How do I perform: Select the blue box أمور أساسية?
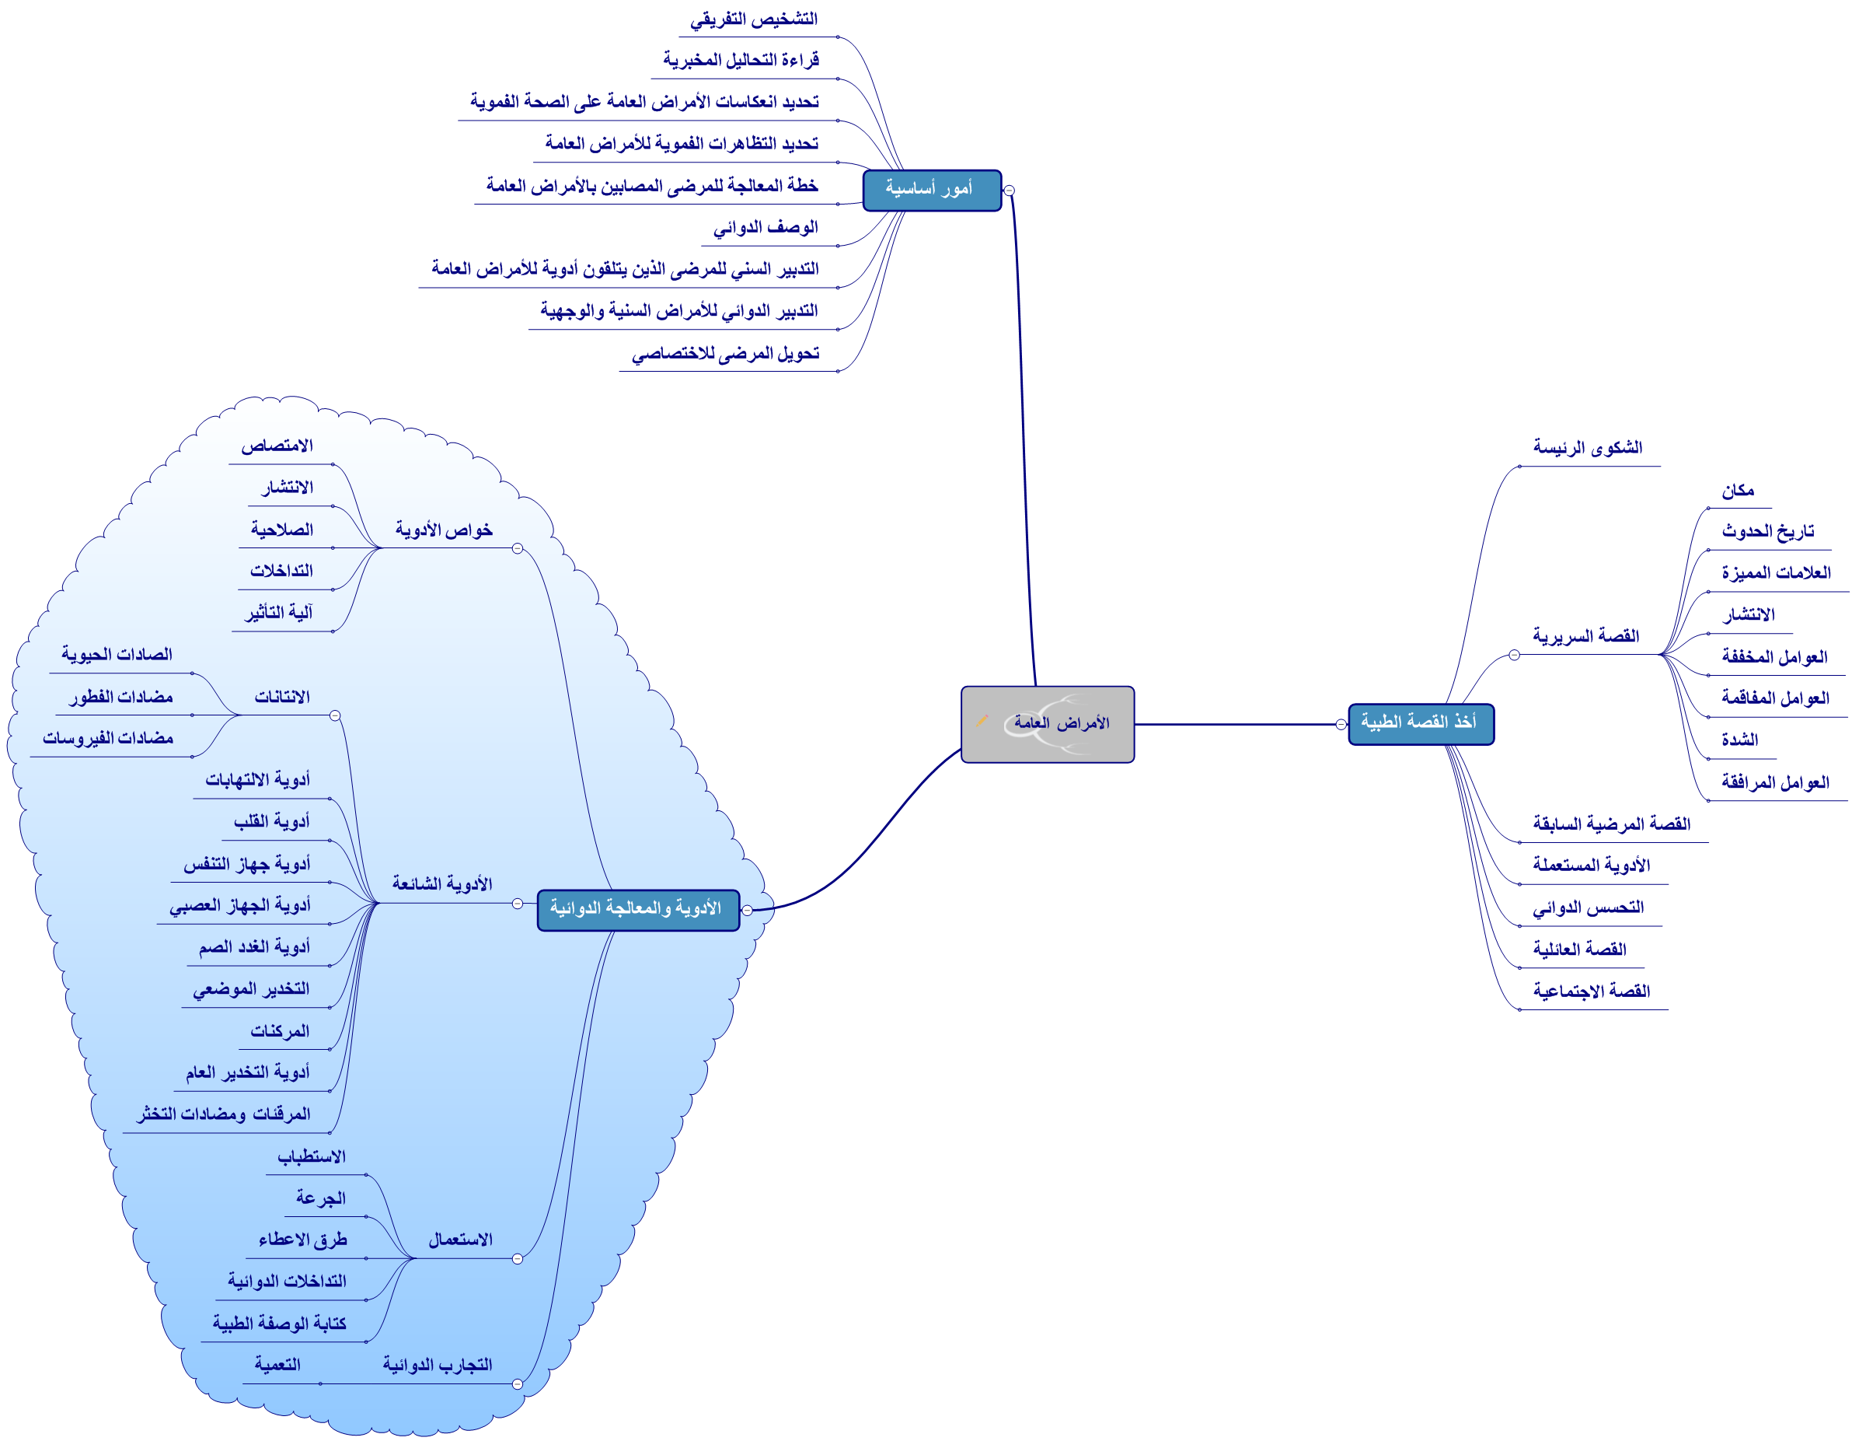pos(931,190)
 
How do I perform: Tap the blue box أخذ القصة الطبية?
pos(1421,723)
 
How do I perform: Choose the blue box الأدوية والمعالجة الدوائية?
pos(638,909)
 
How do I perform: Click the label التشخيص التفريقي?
pos(754,19)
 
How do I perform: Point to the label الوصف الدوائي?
pos(765,228)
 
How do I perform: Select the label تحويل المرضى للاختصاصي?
pos(725,354)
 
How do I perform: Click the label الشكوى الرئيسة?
pos(1588,448)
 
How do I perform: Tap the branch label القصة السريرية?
pos(1585,636)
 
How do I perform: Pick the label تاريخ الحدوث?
pos(1767,532)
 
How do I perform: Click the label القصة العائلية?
pos(1579,950)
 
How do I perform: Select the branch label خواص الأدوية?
pos(444,530)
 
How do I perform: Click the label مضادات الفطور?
pos(121,698)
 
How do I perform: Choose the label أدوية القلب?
pos(271,822)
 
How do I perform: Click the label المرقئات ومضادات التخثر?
pos(224,1114)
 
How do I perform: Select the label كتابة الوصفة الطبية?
pos(279,1324)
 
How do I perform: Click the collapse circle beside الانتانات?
pos(335,716)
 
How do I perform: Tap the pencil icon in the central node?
pos(982,721)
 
